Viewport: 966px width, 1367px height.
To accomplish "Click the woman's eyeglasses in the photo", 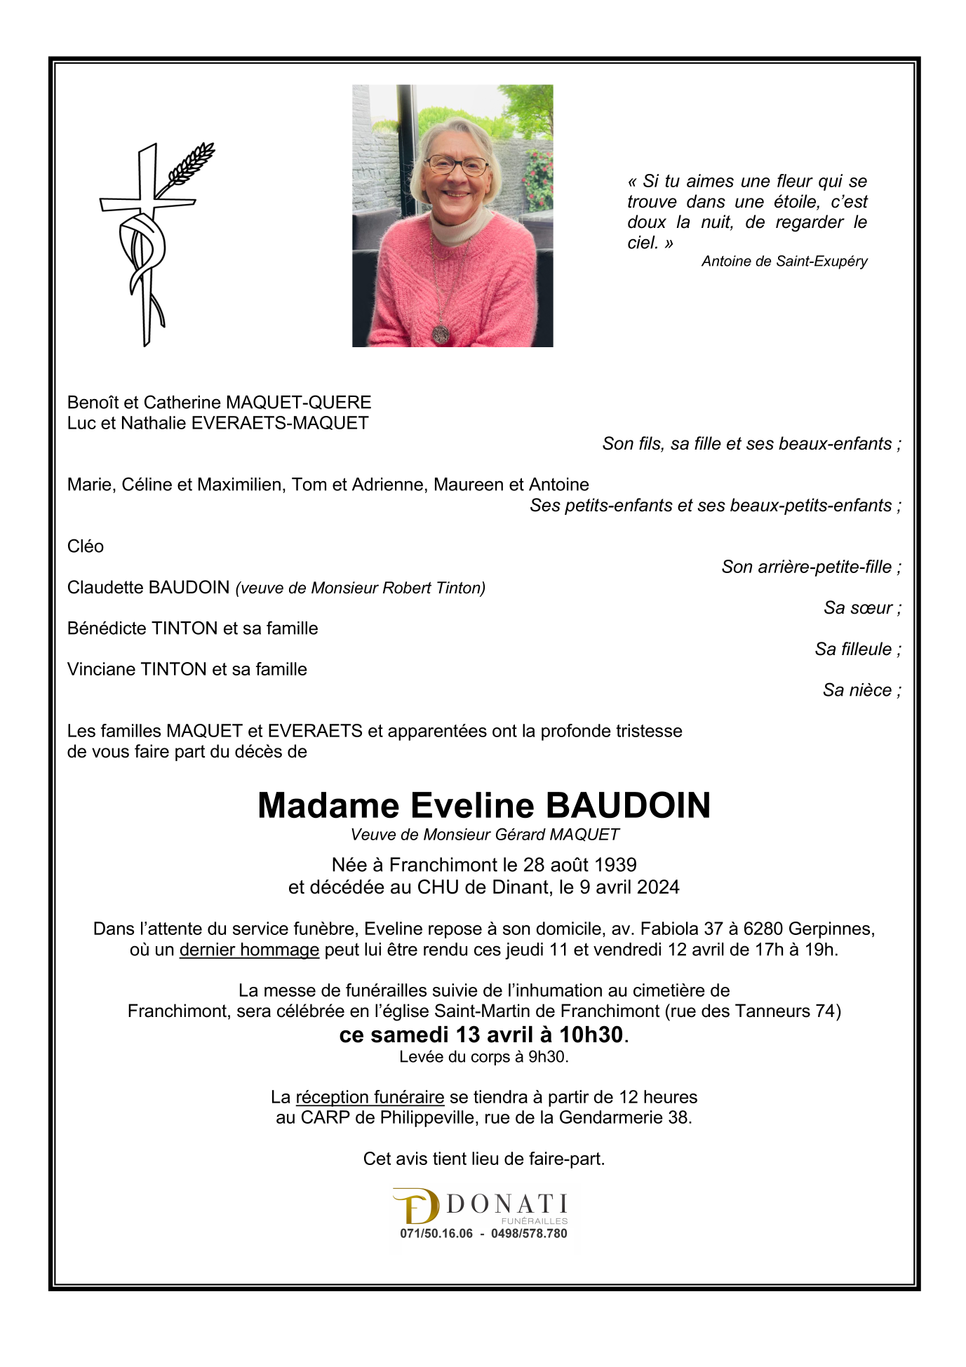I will pyautogui.click(x=457, y=166).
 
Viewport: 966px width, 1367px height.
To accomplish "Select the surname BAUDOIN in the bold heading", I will pyautogui.click(x=628, y=805).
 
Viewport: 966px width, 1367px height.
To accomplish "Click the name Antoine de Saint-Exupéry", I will pyautogui.click(x=784, y=262).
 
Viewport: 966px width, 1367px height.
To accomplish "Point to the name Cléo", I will pyautogui.click(x=86, y=546).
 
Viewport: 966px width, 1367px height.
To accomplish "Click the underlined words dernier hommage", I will pyautogui.click(x=249, y=950).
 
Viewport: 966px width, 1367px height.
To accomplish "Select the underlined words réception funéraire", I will pyautogui.click(x=370, y=1097).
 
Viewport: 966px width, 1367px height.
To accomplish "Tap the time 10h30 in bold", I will pyautogui.click(x=591, y=1035).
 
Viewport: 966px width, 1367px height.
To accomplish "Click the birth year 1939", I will pyautogui.click(x=615, y=865).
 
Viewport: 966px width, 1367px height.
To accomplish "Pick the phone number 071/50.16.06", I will pyautogui.click(x=436, y=1234).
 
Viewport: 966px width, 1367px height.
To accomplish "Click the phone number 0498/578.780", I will pyautogui.click(x=529, y=1234).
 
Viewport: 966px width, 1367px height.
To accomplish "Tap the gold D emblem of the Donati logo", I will pyautogui.click(x=416, y=1206).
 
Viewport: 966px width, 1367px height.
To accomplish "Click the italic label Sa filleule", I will pyautogui.click(x=853, y=649).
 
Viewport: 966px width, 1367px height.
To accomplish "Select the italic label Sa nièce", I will pyautogui.click(x=857, y=690).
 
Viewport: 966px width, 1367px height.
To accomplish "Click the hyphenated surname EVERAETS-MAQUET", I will pyautogui.click(x=280, y=423).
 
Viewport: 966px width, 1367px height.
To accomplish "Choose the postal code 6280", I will pyautogui.click(x=763, y=929).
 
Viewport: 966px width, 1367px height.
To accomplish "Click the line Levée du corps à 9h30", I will pyautogui.click(x=483, y=1057).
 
